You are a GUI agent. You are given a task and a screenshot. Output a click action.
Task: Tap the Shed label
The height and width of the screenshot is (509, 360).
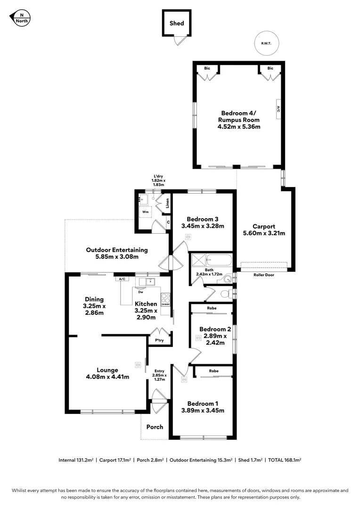click(177, 23)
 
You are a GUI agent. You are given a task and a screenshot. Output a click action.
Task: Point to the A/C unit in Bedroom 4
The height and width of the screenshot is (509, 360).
click(278, 109)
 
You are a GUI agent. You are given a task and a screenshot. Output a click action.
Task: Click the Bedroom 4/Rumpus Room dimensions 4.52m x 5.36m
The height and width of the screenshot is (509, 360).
click(239, 127)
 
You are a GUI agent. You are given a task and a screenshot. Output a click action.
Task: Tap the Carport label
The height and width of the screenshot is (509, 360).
click(263, 226)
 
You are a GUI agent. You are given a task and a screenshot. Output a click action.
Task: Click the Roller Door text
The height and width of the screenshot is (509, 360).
click(263, 274)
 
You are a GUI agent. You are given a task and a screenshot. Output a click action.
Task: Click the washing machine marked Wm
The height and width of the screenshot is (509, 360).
click(146, 213)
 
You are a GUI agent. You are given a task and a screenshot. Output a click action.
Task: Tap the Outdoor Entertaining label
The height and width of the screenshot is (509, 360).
click(116, 250)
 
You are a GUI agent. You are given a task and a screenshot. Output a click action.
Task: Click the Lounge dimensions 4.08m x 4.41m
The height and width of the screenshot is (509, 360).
click(107, 377)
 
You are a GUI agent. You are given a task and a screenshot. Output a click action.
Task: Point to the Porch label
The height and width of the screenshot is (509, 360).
click(155, 427)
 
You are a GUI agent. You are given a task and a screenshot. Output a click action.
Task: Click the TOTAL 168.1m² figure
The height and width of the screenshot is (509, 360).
click(285, 460)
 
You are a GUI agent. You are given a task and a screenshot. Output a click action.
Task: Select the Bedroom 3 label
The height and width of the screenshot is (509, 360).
click(202, 219)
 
